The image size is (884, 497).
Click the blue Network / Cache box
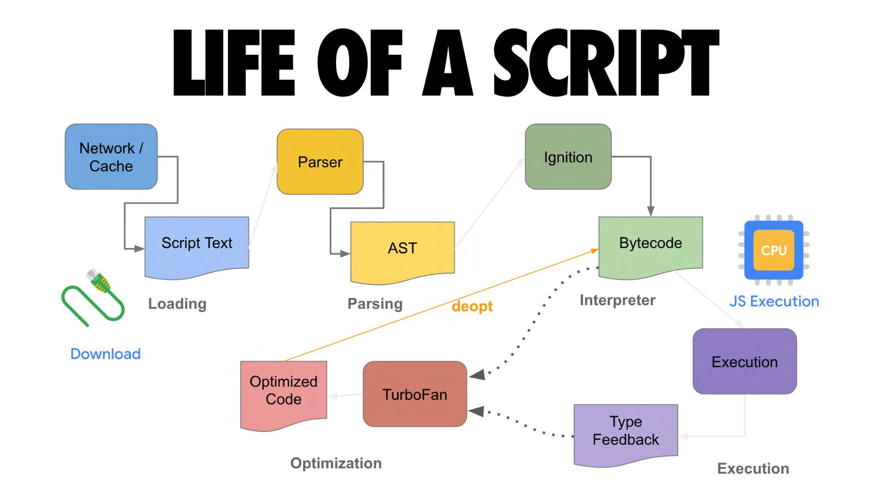(111, 156)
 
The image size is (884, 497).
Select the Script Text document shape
(197, 248)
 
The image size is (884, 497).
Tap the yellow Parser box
(320, 162)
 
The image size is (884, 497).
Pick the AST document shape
(402, 253)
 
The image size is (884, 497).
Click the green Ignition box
(568, 156)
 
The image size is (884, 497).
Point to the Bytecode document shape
(651, 248)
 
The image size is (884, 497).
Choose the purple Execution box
(744, 361)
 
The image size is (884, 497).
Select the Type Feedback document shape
(626, 435)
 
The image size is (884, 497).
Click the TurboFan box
(415, 394)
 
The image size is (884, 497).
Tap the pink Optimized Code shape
(284, 396)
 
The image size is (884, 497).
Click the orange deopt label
(472, 306)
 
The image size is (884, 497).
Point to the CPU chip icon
(773, 250)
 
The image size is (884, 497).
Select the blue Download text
(105, 353)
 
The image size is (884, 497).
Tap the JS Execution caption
(774, 301)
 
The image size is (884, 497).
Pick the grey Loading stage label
(177, 304)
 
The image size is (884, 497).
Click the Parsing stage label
(375, 304)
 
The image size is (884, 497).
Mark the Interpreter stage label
(617, 300)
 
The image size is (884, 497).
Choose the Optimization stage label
(336, 463)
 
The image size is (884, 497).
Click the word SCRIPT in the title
(606, 63)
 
